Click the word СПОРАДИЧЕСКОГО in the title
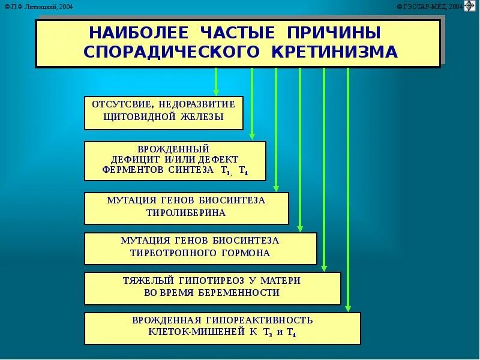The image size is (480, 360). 167,52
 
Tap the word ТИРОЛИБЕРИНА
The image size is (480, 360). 186,213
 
